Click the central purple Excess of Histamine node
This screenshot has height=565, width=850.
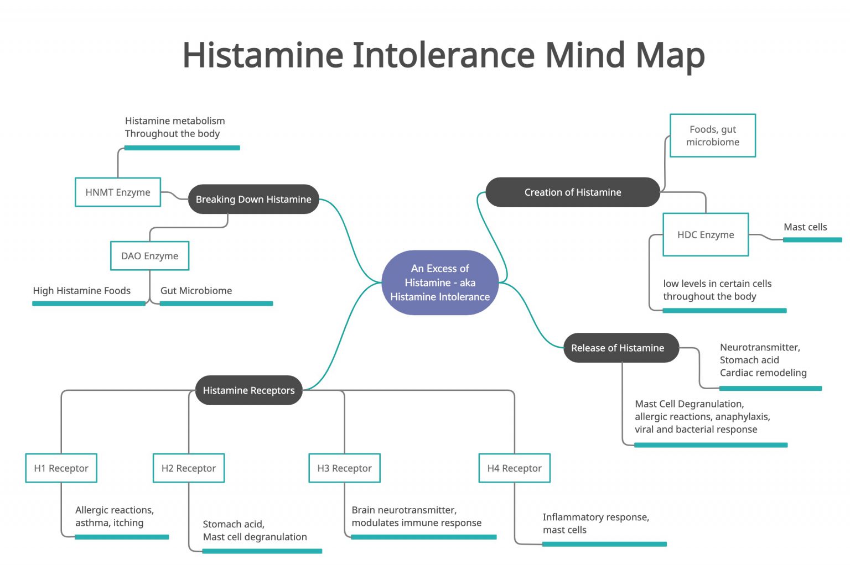(x=440, y=282)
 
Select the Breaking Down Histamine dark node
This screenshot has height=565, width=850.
(x=253, y=199)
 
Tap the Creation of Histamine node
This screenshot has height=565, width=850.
(x=572, y=192)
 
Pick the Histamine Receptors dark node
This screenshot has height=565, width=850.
(x=248, y=390)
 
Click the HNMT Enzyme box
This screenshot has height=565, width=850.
(x=118, y=192)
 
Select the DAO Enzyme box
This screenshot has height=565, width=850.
(x=149, y=256)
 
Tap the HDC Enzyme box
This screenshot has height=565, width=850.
(x=706, y=234)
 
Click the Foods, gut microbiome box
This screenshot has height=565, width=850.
(x=712, y=135)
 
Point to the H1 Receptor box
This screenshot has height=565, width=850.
(x=61, y=468)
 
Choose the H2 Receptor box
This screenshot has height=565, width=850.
(x=189, y=468)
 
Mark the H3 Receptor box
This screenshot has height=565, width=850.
(x=344, y=468)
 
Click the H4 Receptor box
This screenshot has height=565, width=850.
(x=514, y=468)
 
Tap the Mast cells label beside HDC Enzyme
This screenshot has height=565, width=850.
(x=805, y=227)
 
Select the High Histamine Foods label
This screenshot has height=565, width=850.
(x=81, y=291)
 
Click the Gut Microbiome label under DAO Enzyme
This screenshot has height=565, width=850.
(x=196, y=291)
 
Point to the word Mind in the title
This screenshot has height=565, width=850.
(x=584, y=55)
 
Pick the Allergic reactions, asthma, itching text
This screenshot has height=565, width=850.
(x=114, y=516)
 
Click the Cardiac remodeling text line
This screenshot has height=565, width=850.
(x=763, y=373)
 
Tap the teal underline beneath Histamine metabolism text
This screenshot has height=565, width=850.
(x=182, y=148)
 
